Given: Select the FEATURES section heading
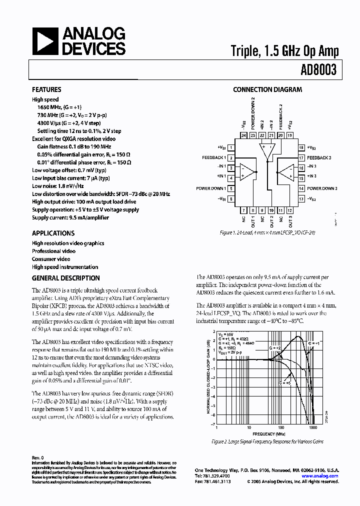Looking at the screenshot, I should click(x=46, y=89).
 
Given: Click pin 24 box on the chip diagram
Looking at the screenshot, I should click(x=243, y=135).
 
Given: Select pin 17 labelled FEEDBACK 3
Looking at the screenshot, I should click(x=301, y=157).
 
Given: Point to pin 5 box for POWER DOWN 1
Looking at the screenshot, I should click(x=231, y=188).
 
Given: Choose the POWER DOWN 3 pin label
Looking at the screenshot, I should click(x=322, y=188).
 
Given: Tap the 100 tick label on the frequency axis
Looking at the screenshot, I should click(x=281, y=428).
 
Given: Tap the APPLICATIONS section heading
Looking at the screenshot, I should click(x=53, y=233).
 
